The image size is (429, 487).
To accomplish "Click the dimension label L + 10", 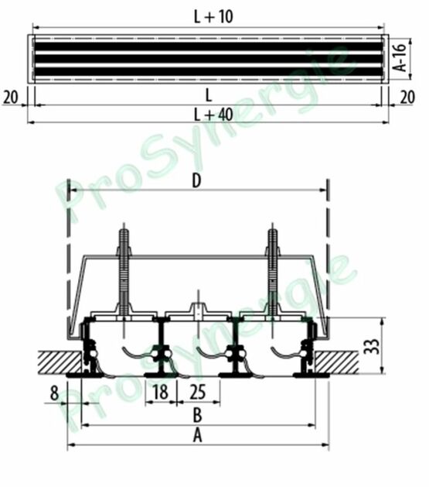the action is (213, 16).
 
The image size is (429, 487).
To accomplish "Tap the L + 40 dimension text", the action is (213, 115).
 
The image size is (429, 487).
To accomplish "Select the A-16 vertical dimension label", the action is (401, 58).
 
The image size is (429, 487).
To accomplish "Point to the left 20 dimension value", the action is (11, 98).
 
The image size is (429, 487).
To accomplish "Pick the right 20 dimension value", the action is (407, 98).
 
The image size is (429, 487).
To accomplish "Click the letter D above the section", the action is (196, 180).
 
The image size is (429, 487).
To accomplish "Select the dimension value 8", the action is (54, 393).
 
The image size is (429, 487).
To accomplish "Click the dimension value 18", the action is (160, 392).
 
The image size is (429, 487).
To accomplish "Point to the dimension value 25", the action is (197, 392).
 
